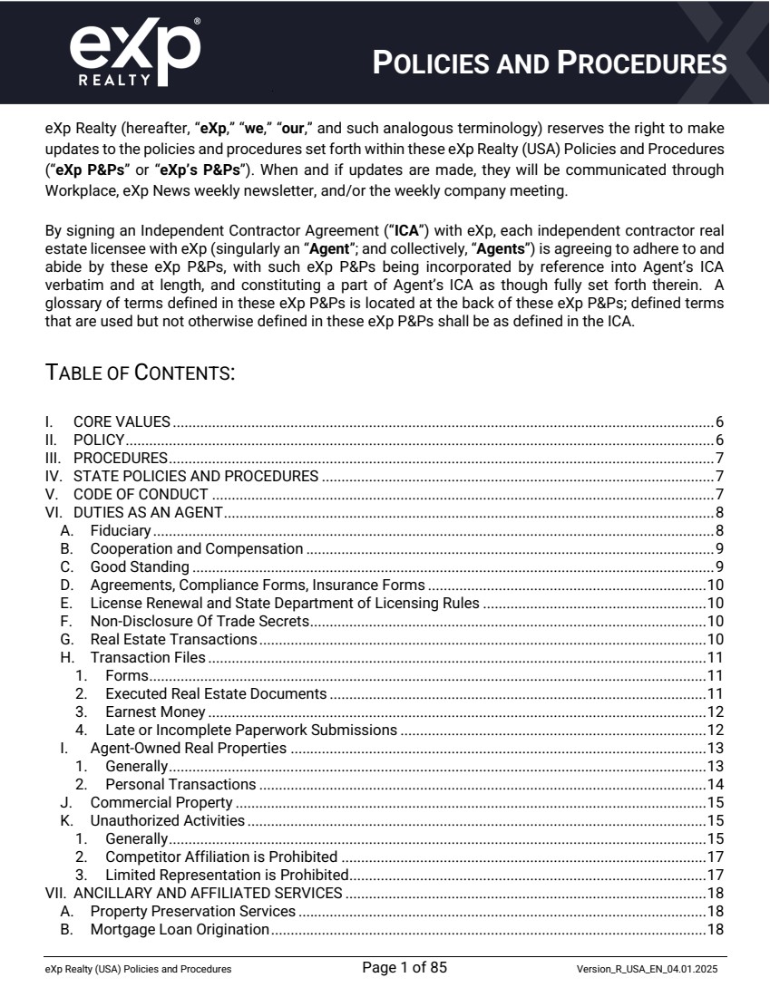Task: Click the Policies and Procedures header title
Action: click(550, 63)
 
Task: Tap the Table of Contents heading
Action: click(141, 373)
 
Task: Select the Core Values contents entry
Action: click(122, 421)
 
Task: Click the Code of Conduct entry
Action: click(141, 494)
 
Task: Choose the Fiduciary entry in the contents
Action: click(121, 530)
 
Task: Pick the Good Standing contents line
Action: click(140, 566)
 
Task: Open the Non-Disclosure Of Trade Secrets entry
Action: click(200, 621)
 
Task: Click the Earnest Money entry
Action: click(155, 711)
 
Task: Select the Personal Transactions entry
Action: click(180, 784)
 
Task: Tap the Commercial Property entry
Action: click(161, 802)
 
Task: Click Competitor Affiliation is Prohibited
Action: click(221, 857)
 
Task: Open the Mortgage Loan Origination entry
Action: click(180, 929)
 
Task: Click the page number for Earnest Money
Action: click(715, 711)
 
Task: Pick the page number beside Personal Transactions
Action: click(715, 784)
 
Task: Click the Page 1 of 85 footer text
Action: click(404, 968)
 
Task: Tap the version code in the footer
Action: click(648, 970)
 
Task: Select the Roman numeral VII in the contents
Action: click(54, 893)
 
